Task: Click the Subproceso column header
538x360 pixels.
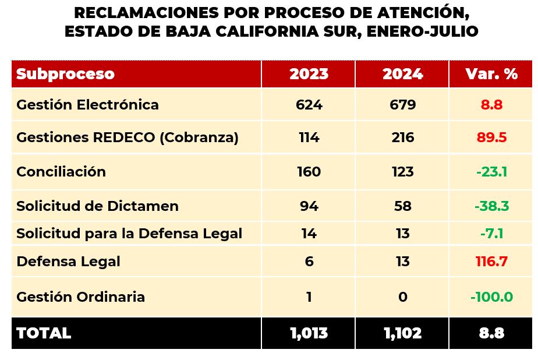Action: (65, 74)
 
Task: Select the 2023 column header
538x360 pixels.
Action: (309, 74)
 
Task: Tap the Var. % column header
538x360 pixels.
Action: (491, 74)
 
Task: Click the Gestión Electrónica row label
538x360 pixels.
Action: (87, 105)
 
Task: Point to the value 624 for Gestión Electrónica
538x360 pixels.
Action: (309, 105)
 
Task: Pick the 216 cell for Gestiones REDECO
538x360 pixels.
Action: (402, 137)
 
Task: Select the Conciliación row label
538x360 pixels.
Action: (61, 172)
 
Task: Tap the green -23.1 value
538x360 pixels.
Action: (492, 172)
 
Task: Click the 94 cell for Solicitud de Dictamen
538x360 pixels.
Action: (309, 206)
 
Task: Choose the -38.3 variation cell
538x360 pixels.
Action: (492, 206)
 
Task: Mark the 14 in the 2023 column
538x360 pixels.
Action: (309, 234)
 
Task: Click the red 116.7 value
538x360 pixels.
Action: (492, 262)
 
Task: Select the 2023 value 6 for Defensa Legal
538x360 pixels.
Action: (309, 262)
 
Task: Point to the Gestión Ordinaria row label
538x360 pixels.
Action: (80, 297)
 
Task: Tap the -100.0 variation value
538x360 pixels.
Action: (491, 297)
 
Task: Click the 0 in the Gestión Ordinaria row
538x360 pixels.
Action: (402, 297)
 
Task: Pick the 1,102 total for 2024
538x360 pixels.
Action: (402, 333)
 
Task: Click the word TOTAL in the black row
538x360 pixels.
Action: (44, 333)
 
